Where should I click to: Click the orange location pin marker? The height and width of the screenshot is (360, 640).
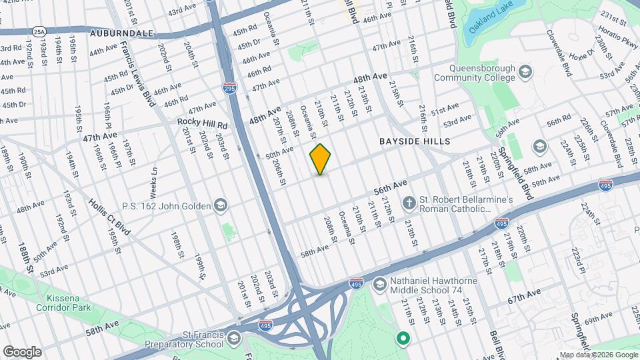point(321,159)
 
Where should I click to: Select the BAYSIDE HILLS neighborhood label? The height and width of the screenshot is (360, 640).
point(415,141)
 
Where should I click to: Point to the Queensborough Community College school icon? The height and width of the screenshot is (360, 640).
point(525,71)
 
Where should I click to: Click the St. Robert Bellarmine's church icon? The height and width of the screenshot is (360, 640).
point(409,201)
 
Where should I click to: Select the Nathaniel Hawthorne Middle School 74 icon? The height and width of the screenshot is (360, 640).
point(379,285)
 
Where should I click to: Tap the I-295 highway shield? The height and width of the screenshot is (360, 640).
point(229,87)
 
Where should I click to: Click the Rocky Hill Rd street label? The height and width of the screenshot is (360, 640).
point(202,123)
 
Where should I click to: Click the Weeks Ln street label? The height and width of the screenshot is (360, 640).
point(153,181)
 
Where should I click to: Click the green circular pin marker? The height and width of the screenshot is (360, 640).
point(403,339)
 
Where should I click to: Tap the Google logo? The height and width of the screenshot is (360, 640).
point(22,351)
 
